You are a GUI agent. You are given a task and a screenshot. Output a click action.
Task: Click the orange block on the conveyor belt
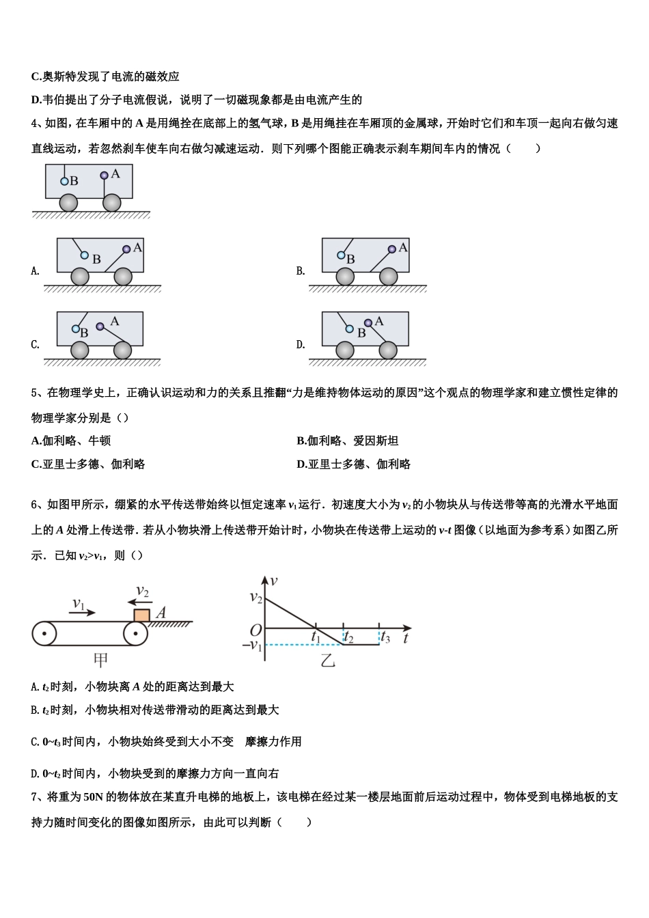coord(141,614)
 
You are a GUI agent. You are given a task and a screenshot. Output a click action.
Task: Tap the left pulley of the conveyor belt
coord(44,634)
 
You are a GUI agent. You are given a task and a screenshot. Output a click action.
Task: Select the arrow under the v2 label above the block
coord(140,602)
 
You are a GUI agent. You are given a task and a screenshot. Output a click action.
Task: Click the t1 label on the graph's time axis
coord(316,637)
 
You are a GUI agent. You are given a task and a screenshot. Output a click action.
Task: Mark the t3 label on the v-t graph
coord(385,638)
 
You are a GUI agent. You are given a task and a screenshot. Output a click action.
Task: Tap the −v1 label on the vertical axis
coord(252,645)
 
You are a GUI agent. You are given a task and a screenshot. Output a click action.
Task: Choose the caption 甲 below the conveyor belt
coord(100,660)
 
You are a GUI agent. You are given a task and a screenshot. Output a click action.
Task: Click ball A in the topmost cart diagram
coord(104,176)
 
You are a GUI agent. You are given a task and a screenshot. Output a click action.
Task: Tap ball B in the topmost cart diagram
coord(64,181)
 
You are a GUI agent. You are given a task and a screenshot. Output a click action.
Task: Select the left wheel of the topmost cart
coord(68,202)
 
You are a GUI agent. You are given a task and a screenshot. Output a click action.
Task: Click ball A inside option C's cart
coord(100,326)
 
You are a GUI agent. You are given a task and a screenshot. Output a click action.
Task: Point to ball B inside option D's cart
coord(350,329)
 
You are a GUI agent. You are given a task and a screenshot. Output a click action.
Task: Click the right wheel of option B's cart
coord(388,276)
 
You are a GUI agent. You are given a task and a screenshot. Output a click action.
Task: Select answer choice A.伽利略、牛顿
coord(71,441)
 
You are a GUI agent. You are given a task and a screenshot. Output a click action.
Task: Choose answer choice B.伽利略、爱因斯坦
coord(347,441)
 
